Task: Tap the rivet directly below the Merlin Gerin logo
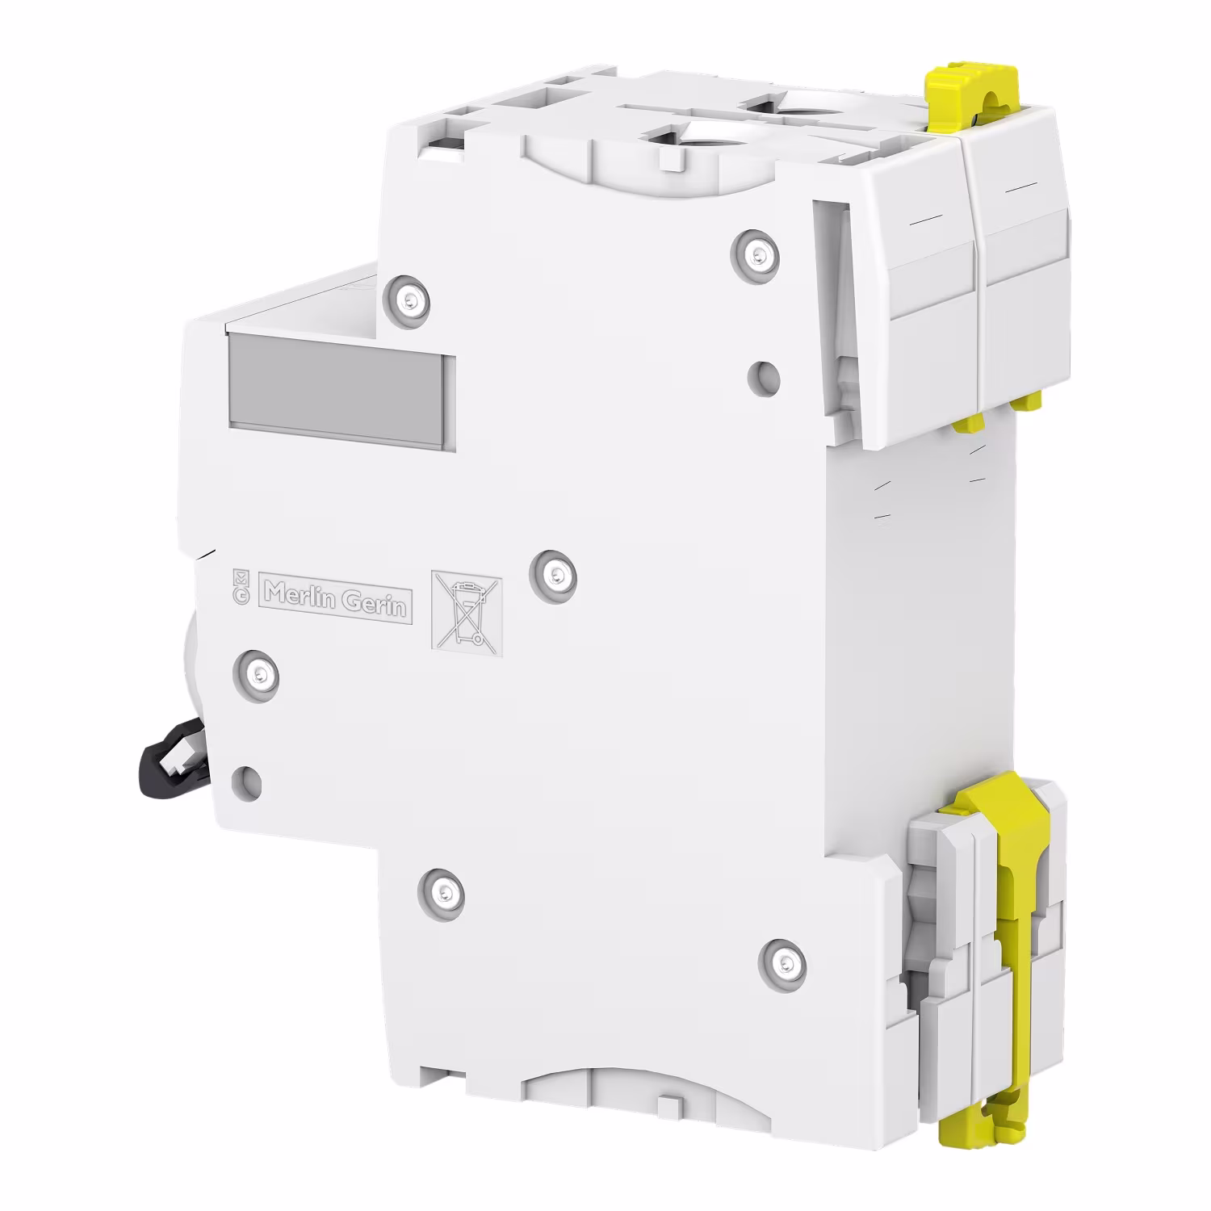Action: click(257, 671)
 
